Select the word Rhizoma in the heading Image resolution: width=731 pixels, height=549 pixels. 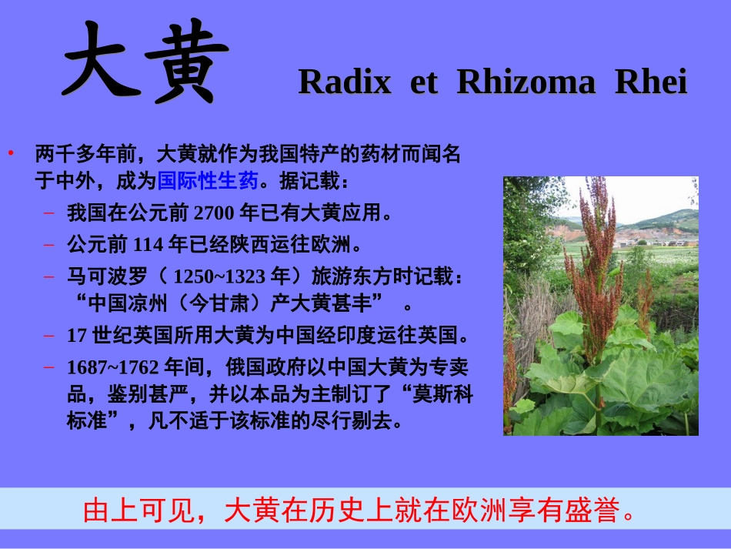point(526,82)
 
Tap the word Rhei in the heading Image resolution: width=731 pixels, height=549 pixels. point(651,82)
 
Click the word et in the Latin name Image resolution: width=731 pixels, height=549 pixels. point(423,82)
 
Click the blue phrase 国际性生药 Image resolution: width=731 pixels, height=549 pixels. point(207,182)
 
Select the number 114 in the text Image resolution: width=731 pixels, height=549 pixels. point(149,245)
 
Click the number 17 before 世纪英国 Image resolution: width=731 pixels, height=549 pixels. point(75,336)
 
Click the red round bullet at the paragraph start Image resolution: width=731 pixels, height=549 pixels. point(12,153)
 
